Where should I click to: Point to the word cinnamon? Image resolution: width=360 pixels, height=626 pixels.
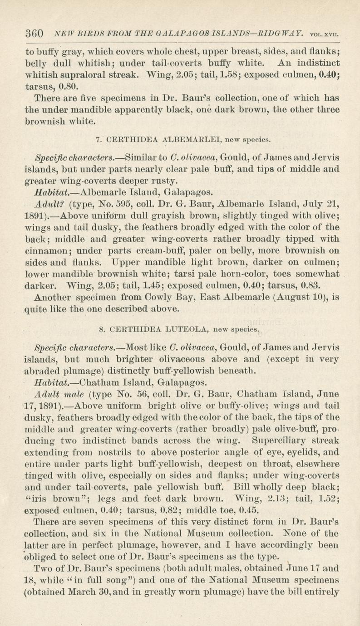(x=47, y=250)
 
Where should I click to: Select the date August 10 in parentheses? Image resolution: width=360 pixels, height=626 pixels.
(x=289, y=298)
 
